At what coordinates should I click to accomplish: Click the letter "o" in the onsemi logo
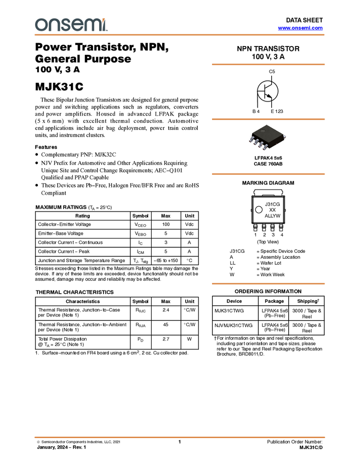(x=41, y=25)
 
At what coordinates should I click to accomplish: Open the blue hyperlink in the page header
(x=300, y=28)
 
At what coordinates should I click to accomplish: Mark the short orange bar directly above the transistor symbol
(x=268, y=65)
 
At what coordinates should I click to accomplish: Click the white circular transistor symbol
(x=268, y=91)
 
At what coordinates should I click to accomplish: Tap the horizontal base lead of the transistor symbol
(x=261, y=91)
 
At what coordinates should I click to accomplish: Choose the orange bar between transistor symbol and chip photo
(x=268, y=119)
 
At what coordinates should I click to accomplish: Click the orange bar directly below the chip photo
(x=268, y=174)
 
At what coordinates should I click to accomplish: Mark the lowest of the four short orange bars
(x=268, y=283)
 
